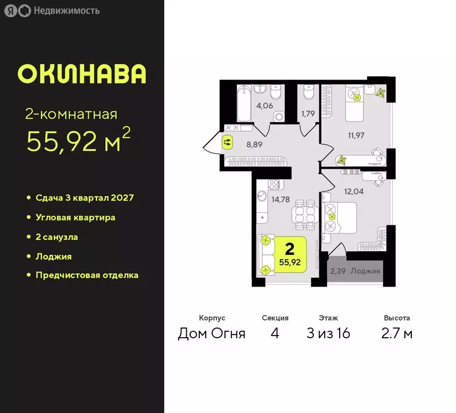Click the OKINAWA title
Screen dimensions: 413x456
click(x=82, y=74)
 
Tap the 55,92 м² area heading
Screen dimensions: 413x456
click(x=79, y=141)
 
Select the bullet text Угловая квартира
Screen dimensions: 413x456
click(x=75, y=218)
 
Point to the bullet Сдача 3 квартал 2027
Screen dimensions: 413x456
click(x=85, y=198)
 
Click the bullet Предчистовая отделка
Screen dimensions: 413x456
click(x=87, y=275)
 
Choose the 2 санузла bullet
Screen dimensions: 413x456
click(x=60, y=237)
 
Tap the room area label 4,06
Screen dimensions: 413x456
click(x=264, y=105)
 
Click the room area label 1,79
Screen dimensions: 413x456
click(x=308, y=113)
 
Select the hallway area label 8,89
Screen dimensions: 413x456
click(x=255, y=145)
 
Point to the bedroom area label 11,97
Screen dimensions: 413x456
click(x=356, y=134)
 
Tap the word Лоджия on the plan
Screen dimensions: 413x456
click(x=365, y=271)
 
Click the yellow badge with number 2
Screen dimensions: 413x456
click(x=290, y=255)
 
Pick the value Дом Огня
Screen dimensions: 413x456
click(x=212, y=333)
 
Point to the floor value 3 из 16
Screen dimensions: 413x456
click(x=328, y=333)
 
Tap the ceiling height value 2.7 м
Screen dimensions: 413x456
click(x=397, y=333)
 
